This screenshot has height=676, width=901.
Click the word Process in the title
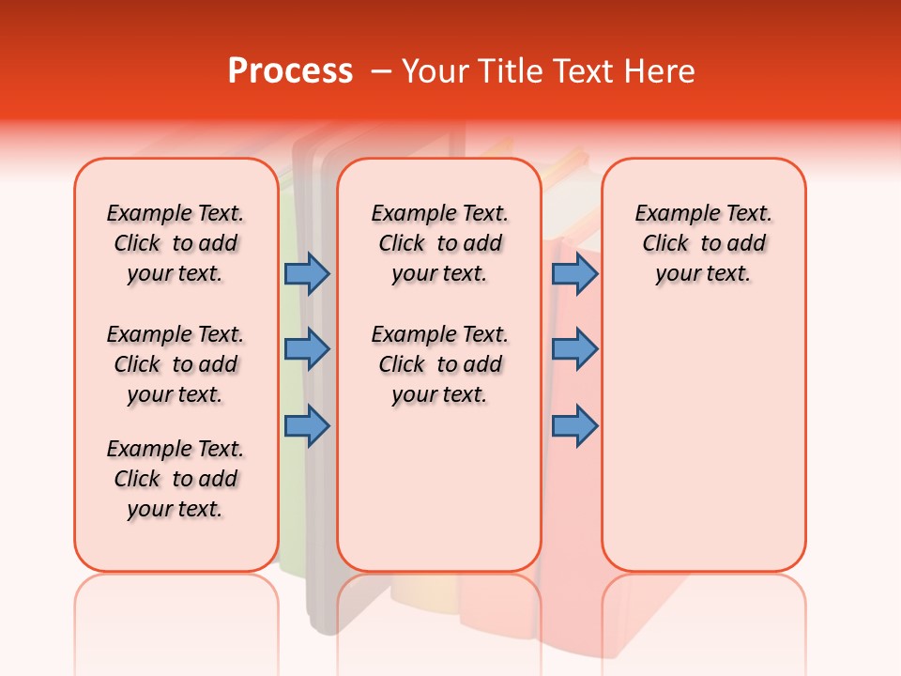[x=290, y=71]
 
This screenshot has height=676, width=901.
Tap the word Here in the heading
[x=661, y=71]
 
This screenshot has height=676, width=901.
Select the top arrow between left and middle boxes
[x=306, y=274]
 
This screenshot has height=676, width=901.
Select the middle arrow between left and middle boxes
[x=306, y=349]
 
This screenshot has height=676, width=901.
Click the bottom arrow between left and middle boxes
[x=306, y=426]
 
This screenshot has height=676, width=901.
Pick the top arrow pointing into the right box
[x=574, y=274]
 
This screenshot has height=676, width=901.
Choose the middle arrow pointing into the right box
[x=574, y=349]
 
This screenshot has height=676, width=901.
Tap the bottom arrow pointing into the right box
[x=574, y=426]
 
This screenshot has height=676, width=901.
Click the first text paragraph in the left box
[x=176, y=243]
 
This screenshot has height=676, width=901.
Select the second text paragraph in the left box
[x=176, y=364]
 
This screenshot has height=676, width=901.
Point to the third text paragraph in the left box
[x=176, y=479]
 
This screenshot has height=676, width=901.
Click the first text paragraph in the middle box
[x=439, y=243]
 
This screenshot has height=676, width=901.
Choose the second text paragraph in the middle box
[x=439, y=364]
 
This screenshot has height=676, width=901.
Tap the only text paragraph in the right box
[x=703, y=243]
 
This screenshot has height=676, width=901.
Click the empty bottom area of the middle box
[x=439, y=498]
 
